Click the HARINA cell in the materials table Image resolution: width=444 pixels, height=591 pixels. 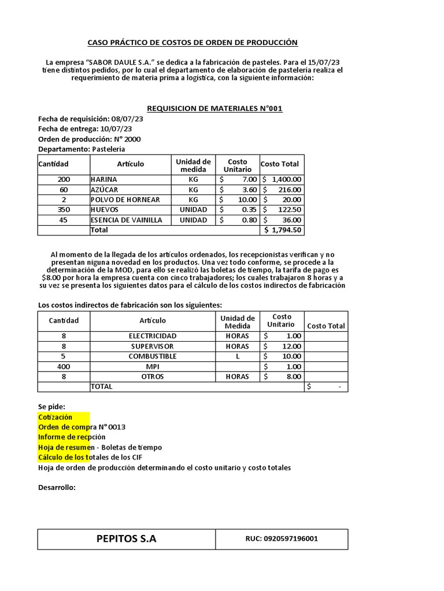[103, 179]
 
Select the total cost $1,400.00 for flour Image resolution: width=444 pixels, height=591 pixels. [282, 179]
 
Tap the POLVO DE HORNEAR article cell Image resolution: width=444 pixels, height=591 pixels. [125, 200]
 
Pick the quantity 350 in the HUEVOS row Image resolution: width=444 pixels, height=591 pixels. [64, 210]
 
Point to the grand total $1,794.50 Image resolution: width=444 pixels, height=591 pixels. [283, 230]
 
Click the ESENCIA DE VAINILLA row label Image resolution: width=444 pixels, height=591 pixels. [126, 220]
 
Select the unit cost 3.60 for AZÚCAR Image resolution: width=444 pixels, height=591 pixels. [240, 189]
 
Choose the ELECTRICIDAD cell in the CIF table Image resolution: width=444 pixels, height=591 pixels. [153, 336]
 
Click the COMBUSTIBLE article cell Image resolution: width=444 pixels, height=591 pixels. [153, 356]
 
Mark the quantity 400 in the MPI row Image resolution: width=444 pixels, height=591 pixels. [64, 366]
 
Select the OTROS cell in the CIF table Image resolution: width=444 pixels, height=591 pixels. [153, 377]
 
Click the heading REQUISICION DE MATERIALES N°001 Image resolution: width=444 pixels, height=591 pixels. [214, 109]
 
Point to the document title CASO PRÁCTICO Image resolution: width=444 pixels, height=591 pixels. [192, 43]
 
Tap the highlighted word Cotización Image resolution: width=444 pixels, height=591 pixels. [55, 417]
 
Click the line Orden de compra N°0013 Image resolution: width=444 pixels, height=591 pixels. [82, 427]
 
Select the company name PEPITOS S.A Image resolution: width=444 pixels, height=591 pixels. [126, 539]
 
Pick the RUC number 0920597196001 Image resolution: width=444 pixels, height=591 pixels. [282, 539]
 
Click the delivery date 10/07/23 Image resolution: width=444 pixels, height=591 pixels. [116, 129]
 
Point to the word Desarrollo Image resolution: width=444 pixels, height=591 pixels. [57, 488]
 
